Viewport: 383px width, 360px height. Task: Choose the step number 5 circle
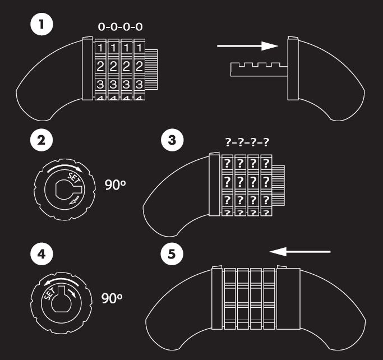click(x=172, y=254)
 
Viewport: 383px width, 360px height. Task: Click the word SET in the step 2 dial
click(x=73, y=178)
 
